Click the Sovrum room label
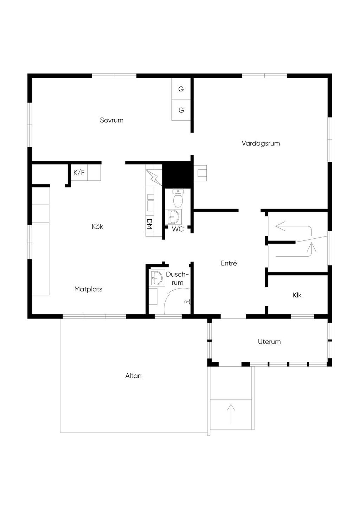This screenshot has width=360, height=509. [111, 120]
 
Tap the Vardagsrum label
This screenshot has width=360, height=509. [261, 143]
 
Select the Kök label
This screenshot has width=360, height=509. [97, 226]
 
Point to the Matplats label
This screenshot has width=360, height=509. [88, 289]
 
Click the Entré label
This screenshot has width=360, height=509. [229, 263]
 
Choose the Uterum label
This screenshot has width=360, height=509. [269, 342]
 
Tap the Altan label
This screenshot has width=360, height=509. [133, 376]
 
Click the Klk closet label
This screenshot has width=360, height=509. [297, 295]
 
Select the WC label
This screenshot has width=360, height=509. [178, 229]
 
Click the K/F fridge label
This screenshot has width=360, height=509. [79, 173]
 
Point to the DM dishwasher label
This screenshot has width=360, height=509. [149, 224]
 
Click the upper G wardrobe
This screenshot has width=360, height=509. [181, 89]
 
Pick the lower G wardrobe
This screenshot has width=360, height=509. [181, 110]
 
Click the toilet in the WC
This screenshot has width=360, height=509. [178, 198]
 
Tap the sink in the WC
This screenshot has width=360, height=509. [175, 217]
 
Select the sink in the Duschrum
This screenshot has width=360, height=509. [157, 277]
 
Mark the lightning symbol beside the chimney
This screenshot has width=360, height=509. [154, 178]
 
